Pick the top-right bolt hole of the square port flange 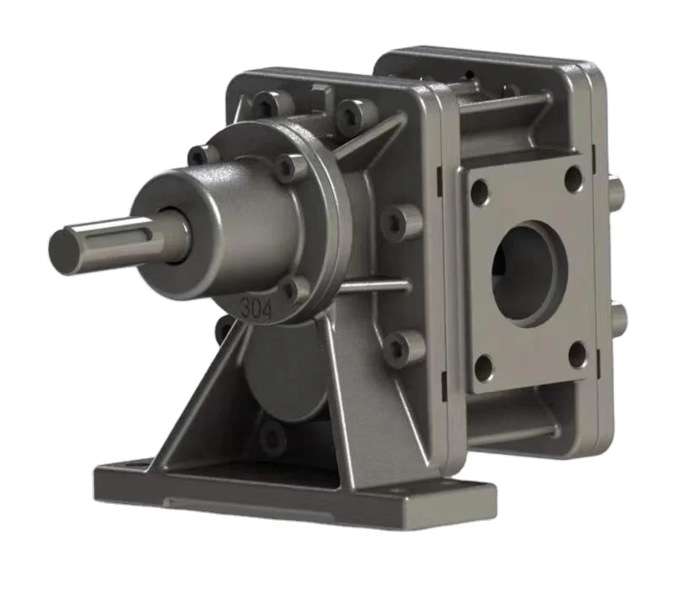574,178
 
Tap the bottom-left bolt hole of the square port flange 483,367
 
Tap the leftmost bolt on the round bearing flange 200,155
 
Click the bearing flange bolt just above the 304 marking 294,290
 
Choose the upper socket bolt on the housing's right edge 401,222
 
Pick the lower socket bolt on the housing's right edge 406,345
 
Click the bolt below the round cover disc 273,437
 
